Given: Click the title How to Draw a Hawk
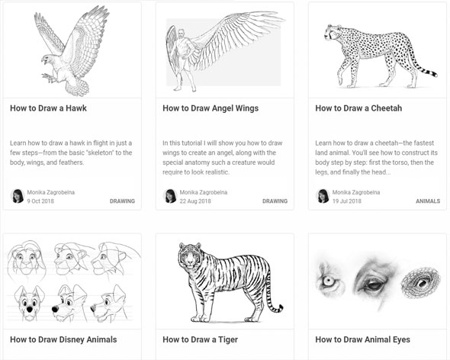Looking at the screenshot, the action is point(48,108).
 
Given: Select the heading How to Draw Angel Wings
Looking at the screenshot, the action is point(211,108).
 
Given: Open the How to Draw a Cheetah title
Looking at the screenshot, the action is point(358,108).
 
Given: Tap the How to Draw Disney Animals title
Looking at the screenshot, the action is point(63,339).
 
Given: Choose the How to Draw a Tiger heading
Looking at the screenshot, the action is point(200,339).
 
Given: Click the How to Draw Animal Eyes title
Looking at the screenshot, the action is point(362,339).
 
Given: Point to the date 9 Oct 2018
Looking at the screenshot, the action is point(40,201).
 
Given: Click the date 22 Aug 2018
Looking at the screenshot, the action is point(195,201).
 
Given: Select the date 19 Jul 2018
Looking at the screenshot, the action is point(347,201).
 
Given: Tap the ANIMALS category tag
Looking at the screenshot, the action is point(428,201).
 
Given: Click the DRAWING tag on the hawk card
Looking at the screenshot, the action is point(122,201).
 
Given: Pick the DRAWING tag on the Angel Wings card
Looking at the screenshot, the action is point(275,201).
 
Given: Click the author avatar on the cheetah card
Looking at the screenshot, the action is point(323,196).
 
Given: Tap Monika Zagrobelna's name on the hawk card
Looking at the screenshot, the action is point(51,192).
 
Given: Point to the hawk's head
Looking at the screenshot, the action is point(48,59).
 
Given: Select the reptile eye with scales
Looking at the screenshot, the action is point(420,283).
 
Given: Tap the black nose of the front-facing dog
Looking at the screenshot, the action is point(29,310).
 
